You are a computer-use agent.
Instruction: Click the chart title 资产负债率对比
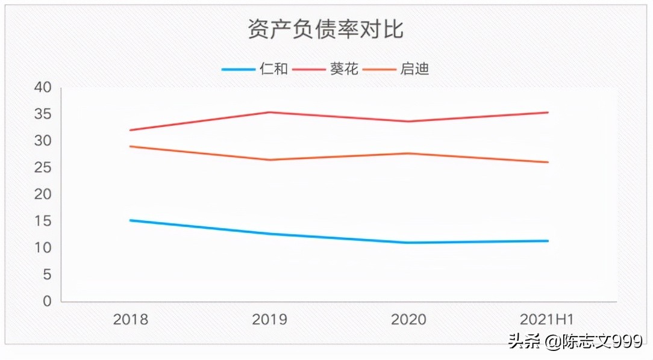pyautogui.click(x=326, y=29)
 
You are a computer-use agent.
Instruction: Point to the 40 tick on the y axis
pyautogui.click(x=43, y=88)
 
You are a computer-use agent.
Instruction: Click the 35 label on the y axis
pyautogui.click(x=43, y=114)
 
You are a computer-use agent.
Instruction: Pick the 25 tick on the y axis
pyautogui.click(x=43, y=168)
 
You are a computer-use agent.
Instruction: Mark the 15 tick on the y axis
pyautogui.click(x=43, y=222)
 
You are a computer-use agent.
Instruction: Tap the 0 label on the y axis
pyautogui.click(x=47, y=302)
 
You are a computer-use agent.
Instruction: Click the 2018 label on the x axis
pyautogui.click(x=130, y=319)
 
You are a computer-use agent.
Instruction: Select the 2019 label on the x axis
pyautogui.click(x=269, y=319)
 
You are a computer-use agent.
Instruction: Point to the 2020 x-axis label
pyautogui.click(x=408, y=319)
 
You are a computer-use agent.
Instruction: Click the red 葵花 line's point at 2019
pyautogui.click(x=269, y=112)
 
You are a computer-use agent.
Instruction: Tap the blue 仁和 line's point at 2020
pyautogui.click(x=408, y=243)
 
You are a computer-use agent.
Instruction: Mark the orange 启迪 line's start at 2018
pyautogui.click(x=130, y=146)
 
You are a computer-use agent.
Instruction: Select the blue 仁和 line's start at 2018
pyautogui.click(x=130, y=220)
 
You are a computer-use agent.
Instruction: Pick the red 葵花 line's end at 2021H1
pyautogui.click(x=548, y=112)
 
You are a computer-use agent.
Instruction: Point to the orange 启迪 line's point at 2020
pyautogui.click(x=408, y=153)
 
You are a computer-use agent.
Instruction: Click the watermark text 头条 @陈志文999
pyautogui.click(x=575, y=341)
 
